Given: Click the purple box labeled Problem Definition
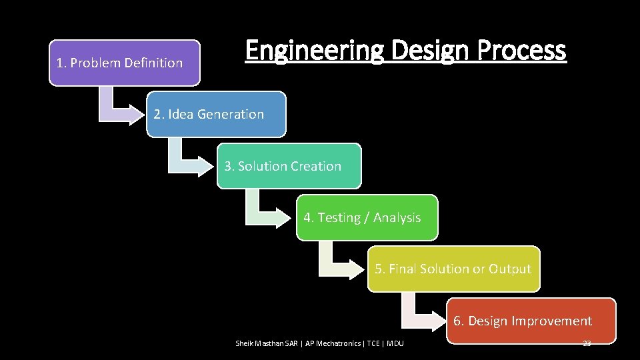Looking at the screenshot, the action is [x=124, y=63].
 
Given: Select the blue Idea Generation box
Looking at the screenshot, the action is [x=216, y=114].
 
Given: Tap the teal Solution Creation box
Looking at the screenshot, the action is [x=289, y=166].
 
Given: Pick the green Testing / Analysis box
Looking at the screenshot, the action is [x=367, y=217].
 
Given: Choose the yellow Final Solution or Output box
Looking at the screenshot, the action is [x=453, y=269].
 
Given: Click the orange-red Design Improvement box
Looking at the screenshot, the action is [x=531, y=321].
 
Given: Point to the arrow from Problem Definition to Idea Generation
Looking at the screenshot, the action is [x=117, y=106].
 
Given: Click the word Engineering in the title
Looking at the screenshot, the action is [x=314, y=51].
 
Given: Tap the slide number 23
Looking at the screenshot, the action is [x=587, y=343].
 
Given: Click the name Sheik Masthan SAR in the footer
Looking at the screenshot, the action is [x=267, y=343].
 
